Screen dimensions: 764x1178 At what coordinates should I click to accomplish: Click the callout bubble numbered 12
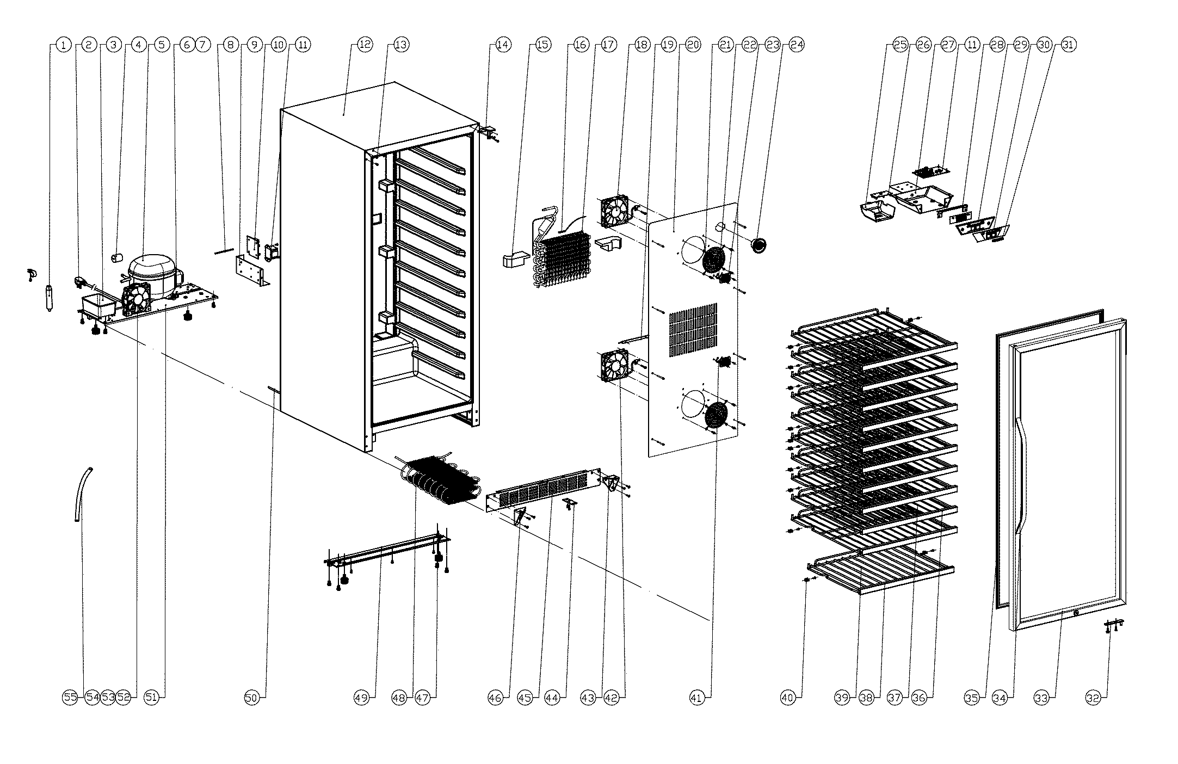[x=365, y=45]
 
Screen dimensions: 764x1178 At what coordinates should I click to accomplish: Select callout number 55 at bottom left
[x=71, y=698]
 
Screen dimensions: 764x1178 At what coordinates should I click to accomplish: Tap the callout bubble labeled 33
[x=1041, y=698]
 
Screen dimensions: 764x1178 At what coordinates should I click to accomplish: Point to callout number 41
[x=697, y=698]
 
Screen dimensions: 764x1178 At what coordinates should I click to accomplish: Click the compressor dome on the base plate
[x=151, y=272]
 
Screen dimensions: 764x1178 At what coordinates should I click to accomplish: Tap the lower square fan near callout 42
[x=614, y=365]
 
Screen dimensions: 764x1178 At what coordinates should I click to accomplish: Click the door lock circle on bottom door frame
[x=1076, y=613]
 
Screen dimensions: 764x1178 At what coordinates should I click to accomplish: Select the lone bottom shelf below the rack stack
[x=881, y=571]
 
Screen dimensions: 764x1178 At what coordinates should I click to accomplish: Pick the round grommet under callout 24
[x=758, y=245]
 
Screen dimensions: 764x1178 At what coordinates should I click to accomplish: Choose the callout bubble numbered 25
[x=901, y=45]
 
